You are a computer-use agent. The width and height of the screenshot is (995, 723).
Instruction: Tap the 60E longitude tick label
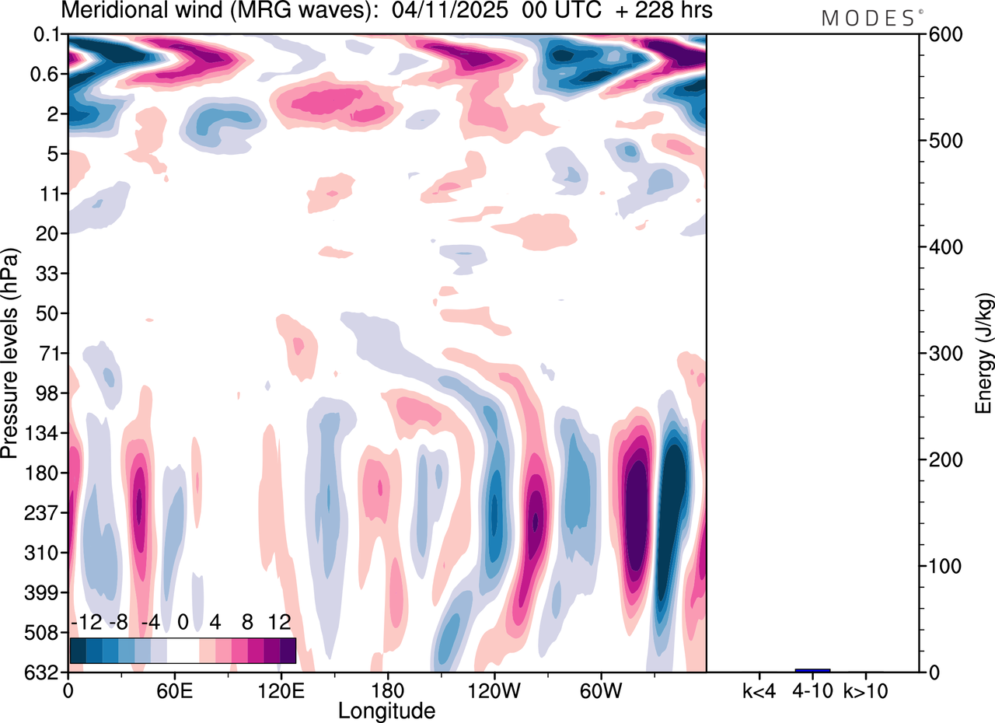[x=175, y=690]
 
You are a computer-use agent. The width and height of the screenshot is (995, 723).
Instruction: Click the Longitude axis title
[x=386, y=710]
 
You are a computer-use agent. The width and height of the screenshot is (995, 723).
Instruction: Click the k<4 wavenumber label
[x=759, y=690]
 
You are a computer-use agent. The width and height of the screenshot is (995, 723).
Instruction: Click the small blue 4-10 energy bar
[x=812, y=670]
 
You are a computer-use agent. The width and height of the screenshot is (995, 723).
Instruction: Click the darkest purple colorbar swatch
[x=288, y=650]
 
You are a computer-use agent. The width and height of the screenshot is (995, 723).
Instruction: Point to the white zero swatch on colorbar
[x=183, y=650]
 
